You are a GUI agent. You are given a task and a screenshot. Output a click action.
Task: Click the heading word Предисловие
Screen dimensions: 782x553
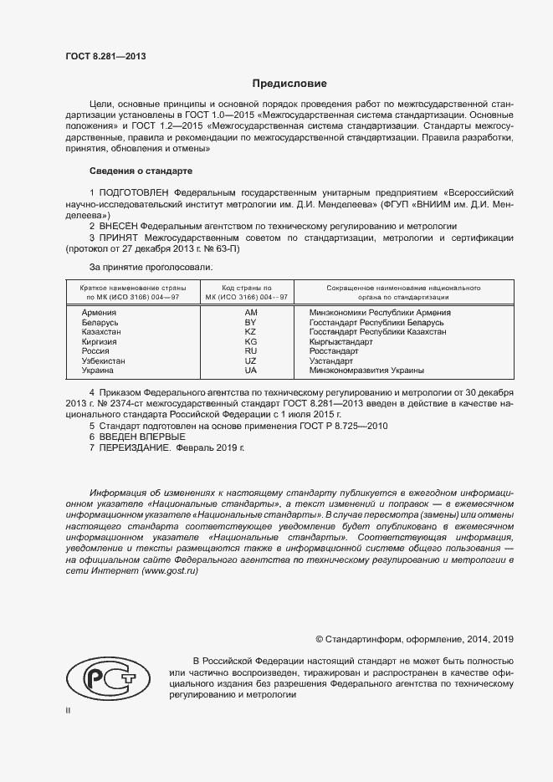click(x=289, y=84)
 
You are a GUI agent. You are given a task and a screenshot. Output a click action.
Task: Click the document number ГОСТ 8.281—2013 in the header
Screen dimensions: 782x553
click(x=106, y=57)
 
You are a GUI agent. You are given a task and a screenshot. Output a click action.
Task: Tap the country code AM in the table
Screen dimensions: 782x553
click(x=250, y=312)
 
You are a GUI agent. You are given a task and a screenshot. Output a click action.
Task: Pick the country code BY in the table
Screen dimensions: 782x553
click(x=250, y=322)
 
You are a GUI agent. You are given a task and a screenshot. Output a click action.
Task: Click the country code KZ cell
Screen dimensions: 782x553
click(x=250, y=332)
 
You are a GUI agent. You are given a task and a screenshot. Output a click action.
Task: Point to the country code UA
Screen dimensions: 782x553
click(x=250, y=370)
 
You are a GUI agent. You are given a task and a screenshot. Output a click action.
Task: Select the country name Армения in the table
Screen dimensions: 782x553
click(x=99, y=312)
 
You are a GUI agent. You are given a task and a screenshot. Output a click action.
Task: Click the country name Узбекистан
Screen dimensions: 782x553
click(x=104, y=360)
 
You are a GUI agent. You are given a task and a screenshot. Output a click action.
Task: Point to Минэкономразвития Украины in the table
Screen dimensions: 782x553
click(x=366, y=370)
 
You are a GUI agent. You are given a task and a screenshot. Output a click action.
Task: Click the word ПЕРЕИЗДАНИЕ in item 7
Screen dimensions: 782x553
click(x=135, y=448)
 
